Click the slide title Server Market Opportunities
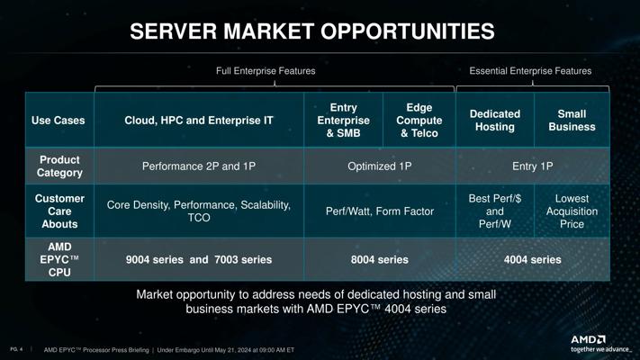312,31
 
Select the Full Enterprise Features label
266,71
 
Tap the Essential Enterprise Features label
530,71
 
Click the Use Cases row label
59,121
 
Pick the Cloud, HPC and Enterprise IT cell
199,121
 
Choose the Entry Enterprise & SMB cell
343,121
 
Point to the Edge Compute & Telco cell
419,121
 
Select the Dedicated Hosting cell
495,121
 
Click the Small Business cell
572,121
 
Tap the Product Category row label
59,166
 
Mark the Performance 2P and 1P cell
199,166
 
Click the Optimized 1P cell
380,166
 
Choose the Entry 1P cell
533,166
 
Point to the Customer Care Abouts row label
59,211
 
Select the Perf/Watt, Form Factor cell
380,211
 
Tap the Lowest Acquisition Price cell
572,211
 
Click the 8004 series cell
380,259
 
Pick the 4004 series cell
533,259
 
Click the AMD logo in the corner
588,339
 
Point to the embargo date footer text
226,350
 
